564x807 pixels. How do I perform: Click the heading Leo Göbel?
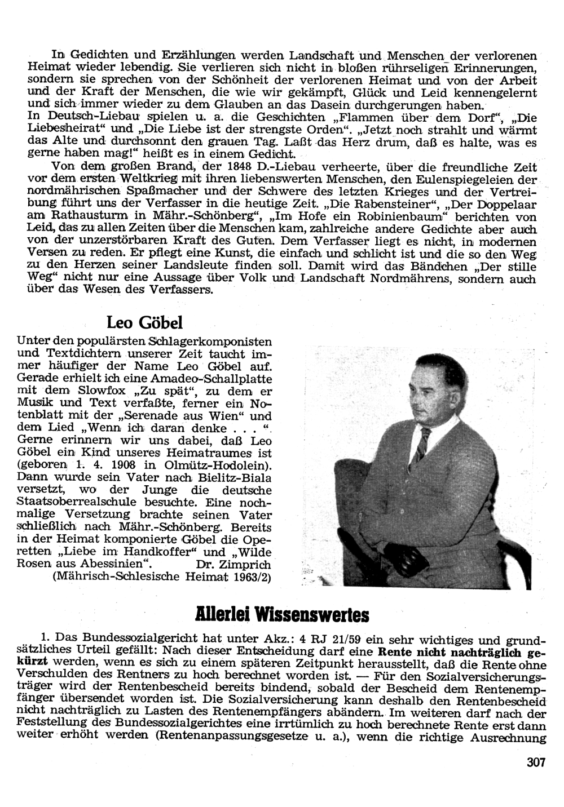tap(145, 323)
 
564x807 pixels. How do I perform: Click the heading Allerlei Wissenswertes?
tap(281, 613)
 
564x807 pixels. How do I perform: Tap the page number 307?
tap(536, 763)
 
